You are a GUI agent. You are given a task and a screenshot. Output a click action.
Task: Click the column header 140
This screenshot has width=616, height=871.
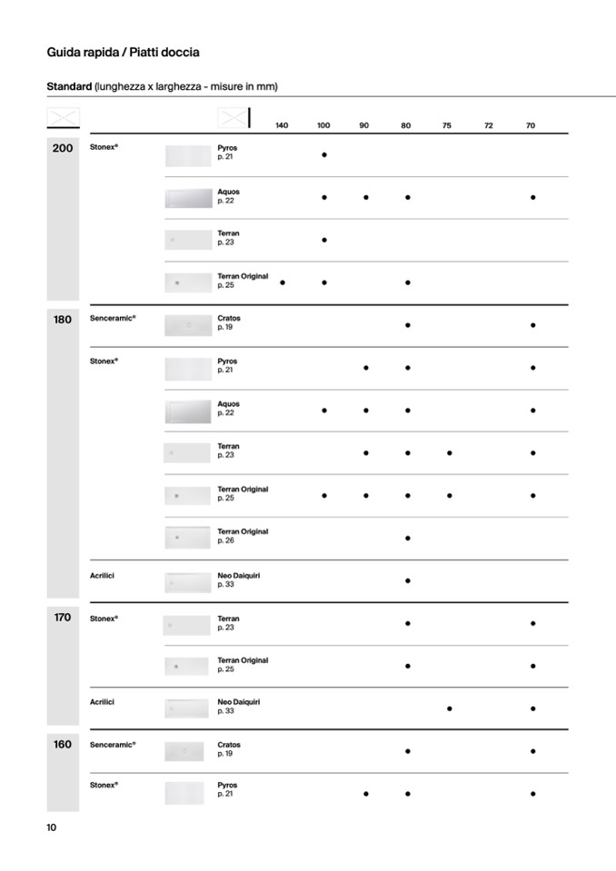(x=282, y=125)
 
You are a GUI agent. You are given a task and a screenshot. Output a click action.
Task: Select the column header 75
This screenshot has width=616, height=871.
(x=447, y=125)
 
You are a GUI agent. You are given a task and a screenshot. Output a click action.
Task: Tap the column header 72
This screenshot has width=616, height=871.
(x=489, y=125)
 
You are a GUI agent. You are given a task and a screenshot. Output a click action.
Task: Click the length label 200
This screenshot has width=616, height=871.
(x=63, y=148)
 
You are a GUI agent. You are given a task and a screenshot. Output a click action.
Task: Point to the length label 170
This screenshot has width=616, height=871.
(x=63, y=618)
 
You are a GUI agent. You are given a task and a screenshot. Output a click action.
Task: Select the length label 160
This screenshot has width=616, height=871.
(x=63, y=744)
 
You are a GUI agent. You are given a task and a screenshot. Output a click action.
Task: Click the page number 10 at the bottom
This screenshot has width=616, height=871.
(x=52, y=826)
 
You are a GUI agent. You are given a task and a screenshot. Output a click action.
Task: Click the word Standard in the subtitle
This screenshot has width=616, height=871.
(x=69, y=86)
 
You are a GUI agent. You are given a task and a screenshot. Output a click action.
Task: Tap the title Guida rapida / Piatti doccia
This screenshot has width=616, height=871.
(x=123, y=53)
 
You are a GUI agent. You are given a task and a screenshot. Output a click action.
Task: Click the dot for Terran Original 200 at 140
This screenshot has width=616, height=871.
(x=283, y=282)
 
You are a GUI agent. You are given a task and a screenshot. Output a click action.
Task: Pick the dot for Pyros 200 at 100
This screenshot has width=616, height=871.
(x=324, y=154)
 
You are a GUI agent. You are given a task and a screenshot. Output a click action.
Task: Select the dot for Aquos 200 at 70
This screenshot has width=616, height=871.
(x=532, y=197)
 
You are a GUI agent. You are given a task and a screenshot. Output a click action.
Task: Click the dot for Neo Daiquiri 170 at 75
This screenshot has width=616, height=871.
(x=450, y=708)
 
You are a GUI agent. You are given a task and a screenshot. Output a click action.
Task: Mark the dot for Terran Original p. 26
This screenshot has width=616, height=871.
(x=408, y=538)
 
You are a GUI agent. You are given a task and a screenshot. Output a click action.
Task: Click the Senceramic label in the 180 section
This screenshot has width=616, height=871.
(x=113, y=319)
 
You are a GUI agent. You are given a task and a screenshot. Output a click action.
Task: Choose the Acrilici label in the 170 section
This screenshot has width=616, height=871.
(x=103, y=702)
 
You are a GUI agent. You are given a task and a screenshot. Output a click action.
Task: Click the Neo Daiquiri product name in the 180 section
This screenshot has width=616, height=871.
(x=239, y=576)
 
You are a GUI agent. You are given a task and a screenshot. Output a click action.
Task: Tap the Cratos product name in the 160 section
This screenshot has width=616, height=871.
(x=229, y=745)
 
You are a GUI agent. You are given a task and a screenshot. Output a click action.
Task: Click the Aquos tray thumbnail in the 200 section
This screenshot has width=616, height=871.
(x=188, y=198)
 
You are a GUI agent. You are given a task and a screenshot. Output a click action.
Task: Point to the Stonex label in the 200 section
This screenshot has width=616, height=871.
(x=104, y=147)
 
